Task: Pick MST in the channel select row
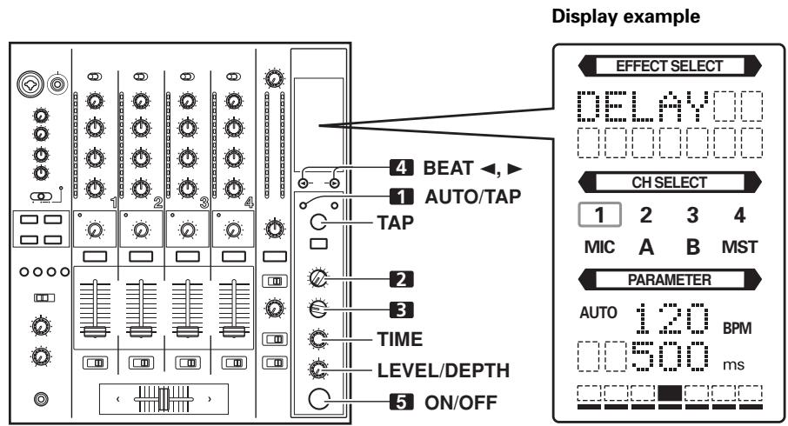(742, 245)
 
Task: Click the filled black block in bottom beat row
(670, 393)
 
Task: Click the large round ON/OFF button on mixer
(320, 402)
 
